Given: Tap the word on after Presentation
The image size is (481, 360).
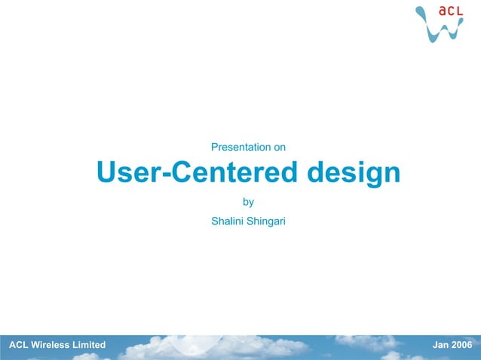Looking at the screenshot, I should pos(279,146).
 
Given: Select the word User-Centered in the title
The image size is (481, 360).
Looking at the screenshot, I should pos(198,174).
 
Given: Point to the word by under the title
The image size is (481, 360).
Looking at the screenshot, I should pos(248,202).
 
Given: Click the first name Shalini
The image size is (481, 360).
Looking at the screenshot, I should pos(228,221).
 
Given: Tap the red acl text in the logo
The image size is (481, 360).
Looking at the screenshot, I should pos(450,11).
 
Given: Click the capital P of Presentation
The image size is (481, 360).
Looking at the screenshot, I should pos(214,146).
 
